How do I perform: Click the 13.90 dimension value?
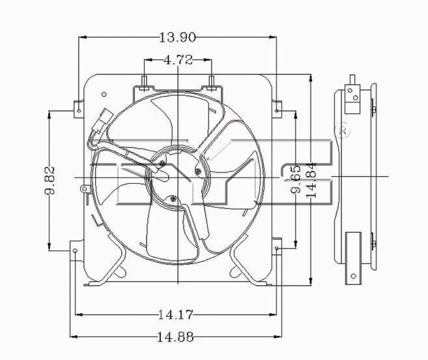(177, 37)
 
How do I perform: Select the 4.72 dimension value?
(178, 60)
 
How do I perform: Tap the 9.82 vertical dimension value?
(50, 180)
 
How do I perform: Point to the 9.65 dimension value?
(296, 179)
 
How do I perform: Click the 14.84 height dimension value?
(311, 180)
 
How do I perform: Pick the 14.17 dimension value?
(176, 315)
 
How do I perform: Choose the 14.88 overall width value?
(176, 337)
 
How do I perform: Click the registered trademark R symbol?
(343, 130)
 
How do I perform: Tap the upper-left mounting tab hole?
(79, 111)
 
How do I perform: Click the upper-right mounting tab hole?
(277, 111)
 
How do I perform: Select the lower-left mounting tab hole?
(76, 251)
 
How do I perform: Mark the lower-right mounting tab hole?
(277, 248)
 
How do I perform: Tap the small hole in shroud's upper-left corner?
(104, 95)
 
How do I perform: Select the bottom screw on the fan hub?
(172, 199)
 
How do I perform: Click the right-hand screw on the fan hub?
(197, 171)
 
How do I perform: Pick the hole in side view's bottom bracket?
(354, 276)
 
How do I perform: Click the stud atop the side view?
(352, 80)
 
